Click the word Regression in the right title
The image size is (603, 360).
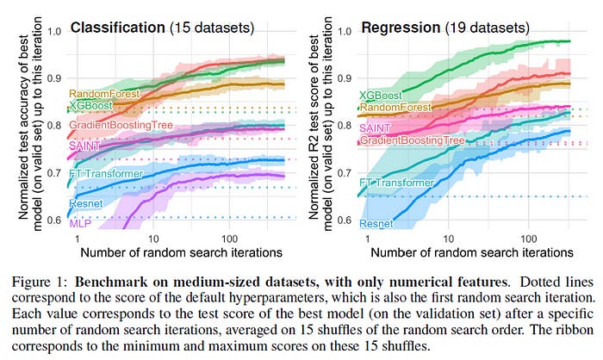point(400,27)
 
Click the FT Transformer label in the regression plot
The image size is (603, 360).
point(399,183)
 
